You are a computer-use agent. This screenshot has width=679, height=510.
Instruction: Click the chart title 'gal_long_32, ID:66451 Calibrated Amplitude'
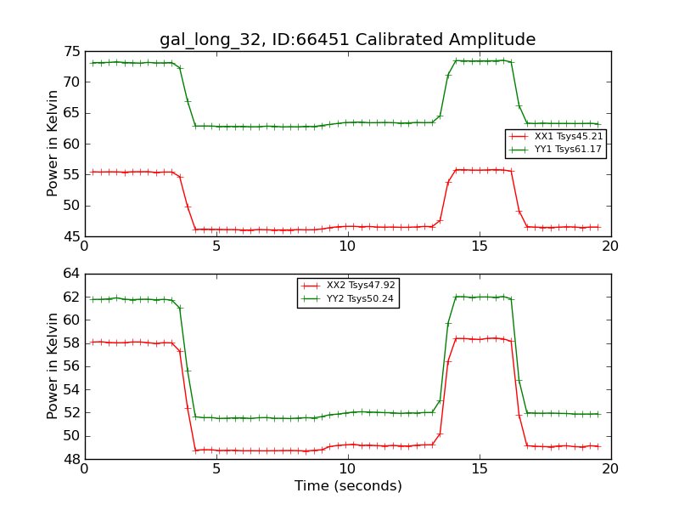click(x=347, y=40)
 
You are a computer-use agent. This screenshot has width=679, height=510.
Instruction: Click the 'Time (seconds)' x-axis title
click(x=348, y=486)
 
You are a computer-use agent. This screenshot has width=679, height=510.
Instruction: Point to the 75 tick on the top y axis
click(x=70, y=52)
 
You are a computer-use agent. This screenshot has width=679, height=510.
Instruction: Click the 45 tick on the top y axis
click(x=70, y=236)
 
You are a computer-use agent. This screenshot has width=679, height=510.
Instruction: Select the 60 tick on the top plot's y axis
click(x=70, y=144)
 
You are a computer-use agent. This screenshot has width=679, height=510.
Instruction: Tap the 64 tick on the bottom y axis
click(x=70, y=274)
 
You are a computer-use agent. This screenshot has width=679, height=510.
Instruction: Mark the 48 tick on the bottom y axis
click(x=70, y=459)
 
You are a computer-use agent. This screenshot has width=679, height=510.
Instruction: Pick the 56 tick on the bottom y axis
click(x=70, y=366)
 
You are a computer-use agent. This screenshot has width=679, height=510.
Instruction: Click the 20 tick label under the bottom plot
click(x=610, y=469)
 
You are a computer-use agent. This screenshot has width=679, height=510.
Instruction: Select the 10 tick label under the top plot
click(x=347, y=246)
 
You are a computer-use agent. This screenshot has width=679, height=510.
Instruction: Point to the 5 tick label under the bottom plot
click(x=216, y=469)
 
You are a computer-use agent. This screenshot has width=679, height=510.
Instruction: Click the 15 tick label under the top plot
click(x=479, y=246)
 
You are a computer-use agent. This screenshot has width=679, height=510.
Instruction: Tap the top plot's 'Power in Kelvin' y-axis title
click(x=53, y=144)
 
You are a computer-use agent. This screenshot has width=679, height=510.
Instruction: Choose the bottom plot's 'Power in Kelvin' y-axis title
click(x=53, y=366)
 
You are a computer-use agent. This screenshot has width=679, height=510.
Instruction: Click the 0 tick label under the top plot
click(x=85, y=246)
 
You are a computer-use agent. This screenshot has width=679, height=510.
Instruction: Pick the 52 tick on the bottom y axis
click(x=70, y=413)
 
